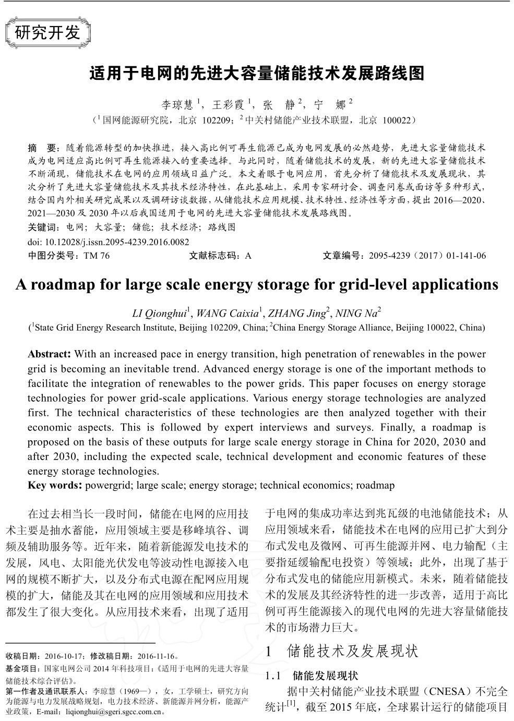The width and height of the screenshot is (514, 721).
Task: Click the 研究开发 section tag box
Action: (x=48, y=33)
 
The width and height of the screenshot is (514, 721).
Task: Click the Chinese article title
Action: (x=256, y=74)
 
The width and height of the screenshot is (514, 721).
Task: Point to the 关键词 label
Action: (x=42, y=227)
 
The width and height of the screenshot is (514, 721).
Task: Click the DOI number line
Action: (x=108, y=242)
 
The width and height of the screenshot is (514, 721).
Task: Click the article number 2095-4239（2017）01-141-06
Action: (x=427, y=256)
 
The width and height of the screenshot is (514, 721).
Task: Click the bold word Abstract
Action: (x=49, y=354)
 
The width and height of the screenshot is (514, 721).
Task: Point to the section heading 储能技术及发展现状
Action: (x=352, y=651)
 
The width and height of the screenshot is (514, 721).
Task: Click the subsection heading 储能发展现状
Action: (x=325, y=676)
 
